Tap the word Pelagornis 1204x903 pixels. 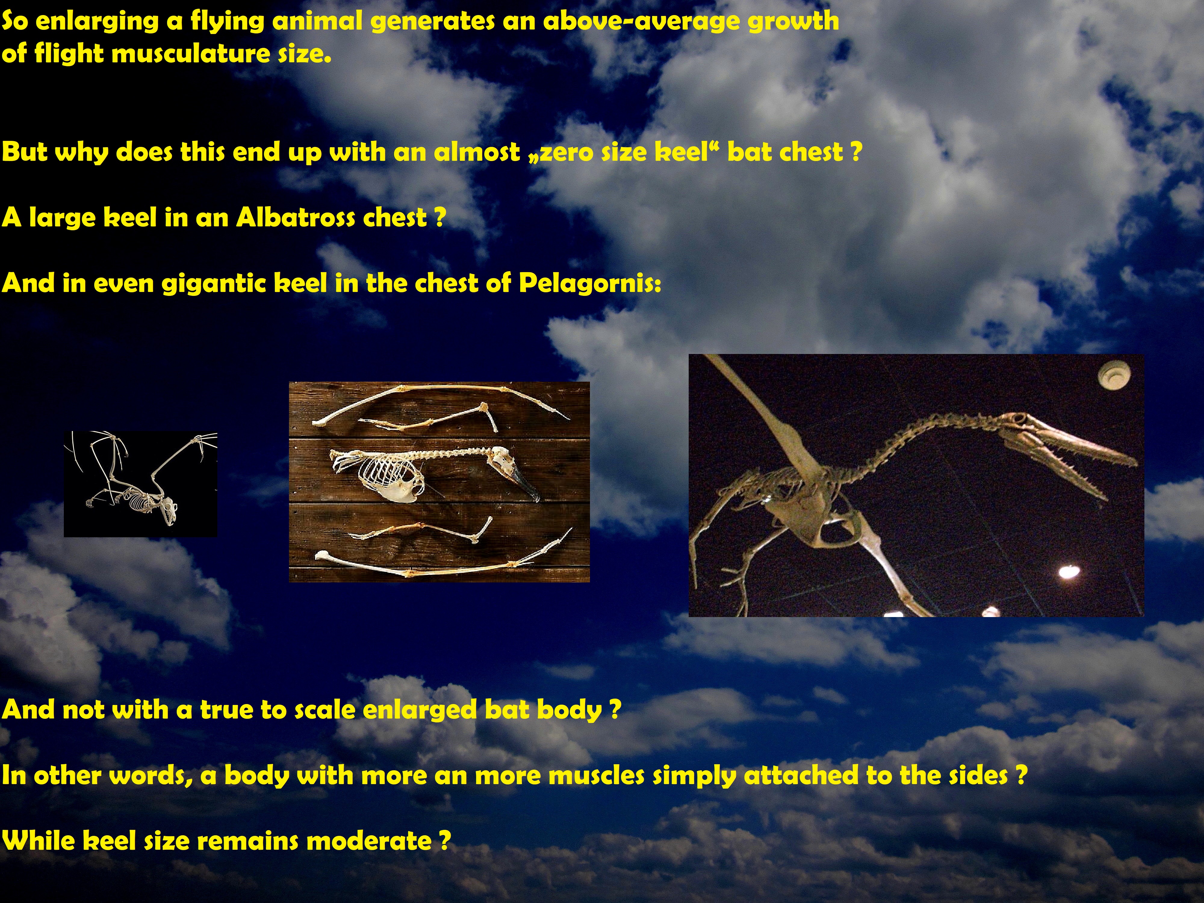pos(589,283)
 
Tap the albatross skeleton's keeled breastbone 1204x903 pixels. pos(400,490)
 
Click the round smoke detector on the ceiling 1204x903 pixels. pos(1114,376)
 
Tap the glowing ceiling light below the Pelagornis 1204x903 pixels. pos(1069,572)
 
